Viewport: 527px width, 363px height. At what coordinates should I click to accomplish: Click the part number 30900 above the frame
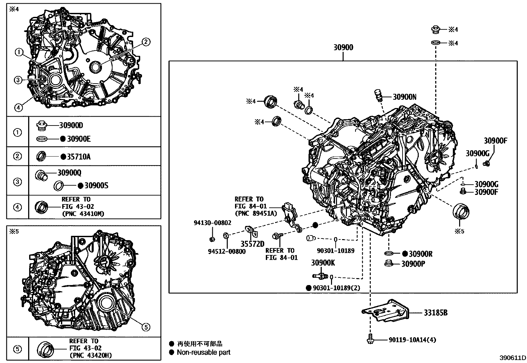343,47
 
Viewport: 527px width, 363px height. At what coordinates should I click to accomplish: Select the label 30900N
405,97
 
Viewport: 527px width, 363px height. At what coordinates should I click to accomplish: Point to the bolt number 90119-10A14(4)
412,340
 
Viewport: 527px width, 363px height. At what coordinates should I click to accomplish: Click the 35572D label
252,244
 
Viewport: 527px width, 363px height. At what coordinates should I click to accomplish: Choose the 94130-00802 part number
212,223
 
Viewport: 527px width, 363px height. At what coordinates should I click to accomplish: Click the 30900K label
323,263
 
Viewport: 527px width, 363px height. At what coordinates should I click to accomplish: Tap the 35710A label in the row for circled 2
78,157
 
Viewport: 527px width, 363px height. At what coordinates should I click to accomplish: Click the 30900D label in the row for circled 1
71,125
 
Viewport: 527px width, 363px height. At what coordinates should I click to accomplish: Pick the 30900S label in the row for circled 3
96,185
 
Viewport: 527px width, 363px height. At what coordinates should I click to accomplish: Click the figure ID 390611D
513,358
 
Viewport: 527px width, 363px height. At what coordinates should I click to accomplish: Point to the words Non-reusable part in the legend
203,352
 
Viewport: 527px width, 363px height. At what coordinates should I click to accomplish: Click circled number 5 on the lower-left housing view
146,327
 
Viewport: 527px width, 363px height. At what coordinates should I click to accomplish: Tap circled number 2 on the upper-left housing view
146,42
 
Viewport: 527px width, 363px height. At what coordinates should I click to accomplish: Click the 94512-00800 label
227,251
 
